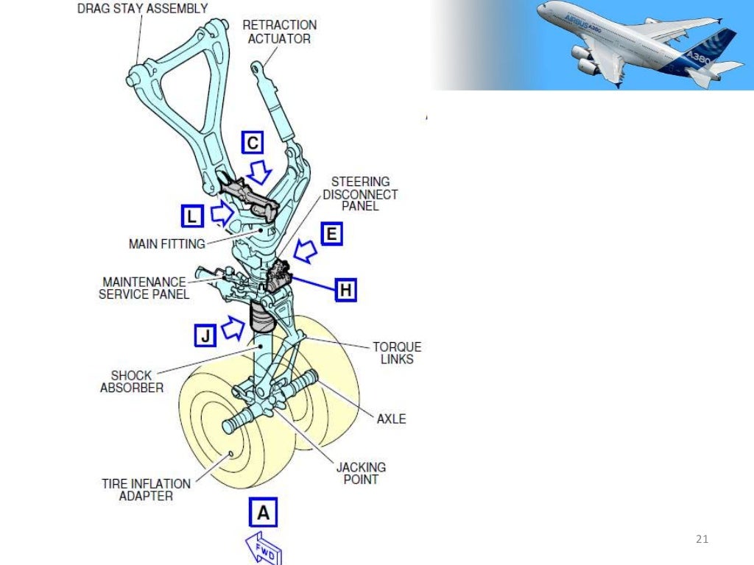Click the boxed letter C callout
(x=253, y=143)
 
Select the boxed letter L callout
(x=191, y=216)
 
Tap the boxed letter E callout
(x=332, y=235)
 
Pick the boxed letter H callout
(x=346, y=290)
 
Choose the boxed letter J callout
(x=205, y=335)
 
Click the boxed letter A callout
(x=263, y=513)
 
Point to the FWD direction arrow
(x=264, y=549)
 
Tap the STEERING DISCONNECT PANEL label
(x=360, y=193)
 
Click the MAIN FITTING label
(x=166, y=244)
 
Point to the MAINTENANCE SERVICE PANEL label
(x=145, y=288)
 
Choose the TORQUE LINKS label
(x=397, y=353)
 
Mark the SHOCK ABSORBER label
(x=132, y=381)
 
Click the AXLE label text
(x=391, y=419)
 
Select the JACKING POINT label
(x=361, y=473)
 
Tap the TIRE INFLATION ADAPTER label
(x=146, y=489)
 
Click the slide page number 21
(x=701, y=541)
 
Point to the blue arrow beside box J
(x=233, y=327)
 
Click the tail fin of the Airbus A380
(x=718, y=44)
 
